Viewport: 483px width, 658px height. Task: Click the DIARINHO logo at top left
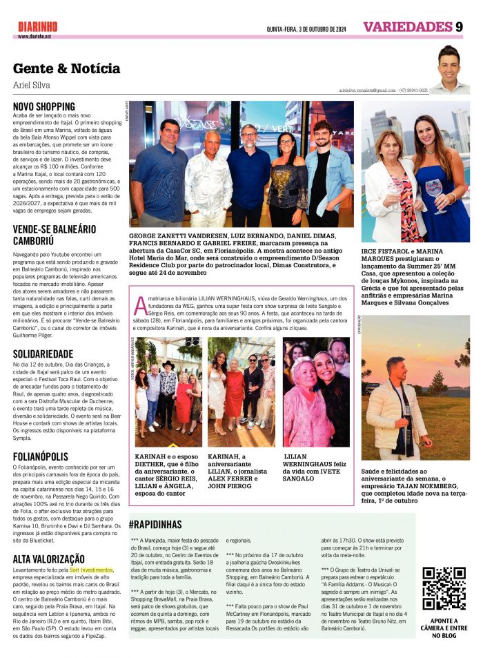click(x=38, y=26)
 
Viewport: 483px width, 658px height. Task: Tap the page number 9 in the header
click(x=459, y=28)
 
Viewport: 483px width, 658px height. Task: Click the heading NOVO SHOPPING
click(x=44, y=106)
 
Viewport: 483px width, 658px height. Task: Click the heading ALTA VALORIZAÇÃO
click(x=49, y=559)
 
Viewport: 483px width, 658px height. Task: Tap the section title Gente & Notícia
click(x=66, y=68)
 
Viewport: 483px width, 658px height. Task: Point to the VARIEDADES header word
click(x=406, y=28)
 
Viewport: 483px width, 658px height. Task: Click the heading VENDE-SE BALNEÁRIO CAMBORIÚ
click(x=55, y=235)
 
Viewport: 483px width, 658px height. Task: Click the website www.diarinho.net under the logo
click(x=34, y=36)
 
